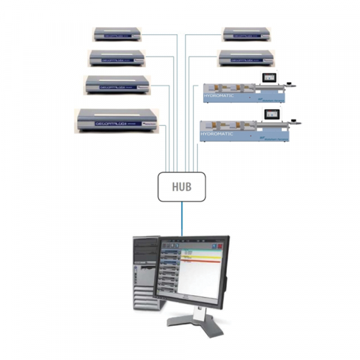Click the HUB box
(x=181, y=187)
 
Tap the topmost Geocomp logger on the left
(x=118, y=34)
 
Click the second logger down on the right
(x=246, y=58)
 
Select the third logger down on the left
(x=118, y=85)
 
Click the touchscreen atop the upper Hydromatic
(x=266, y=77)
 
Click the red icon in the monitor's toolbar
(x=220, y=245)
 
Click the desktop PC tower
(x=145, y=273)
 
